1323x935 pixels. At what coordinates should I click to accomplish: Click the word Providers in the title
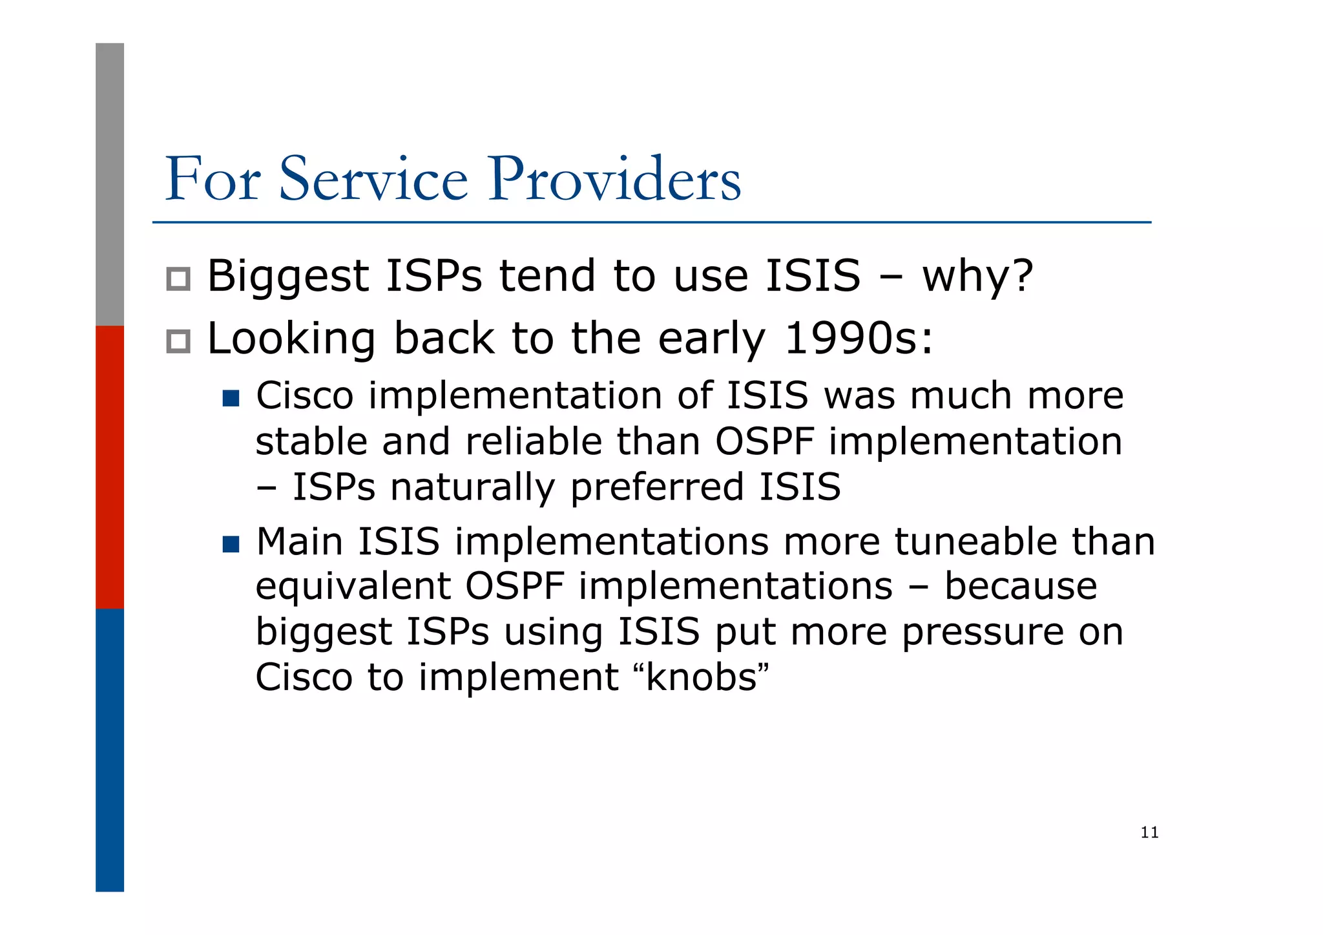614,179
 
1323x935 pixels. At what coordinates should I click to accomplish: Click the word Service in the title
373,179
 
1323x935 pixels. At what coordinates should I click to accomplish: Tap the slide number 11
1149,832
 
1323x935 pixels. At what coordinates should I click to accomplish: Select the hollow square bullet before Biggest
178,279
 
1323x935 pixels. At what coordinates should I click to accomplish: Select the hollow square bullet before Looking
178,341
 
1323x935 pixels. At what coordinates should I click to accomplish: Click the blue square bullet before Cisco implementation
231,397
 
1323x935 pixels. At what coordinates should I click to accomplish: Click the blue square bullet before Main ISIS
231,544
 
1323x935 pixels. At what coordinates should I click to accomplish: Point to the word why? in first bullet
977,277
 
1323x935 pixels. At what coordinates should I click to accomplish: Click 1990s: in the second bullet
859,339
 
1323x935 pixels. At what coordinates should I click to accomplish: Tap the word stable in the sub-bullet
311,442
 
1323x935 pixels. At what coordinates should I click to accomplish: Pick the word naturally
472,487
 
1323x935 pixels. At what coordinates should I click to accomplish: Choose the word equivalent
353,587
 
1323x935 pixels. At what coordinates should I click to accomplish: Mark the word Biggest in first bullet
287,277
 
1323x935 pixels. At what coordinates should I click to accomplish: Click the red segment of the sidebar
110,467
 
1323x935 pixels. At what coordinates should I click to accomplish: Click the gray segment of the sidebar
110,184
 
